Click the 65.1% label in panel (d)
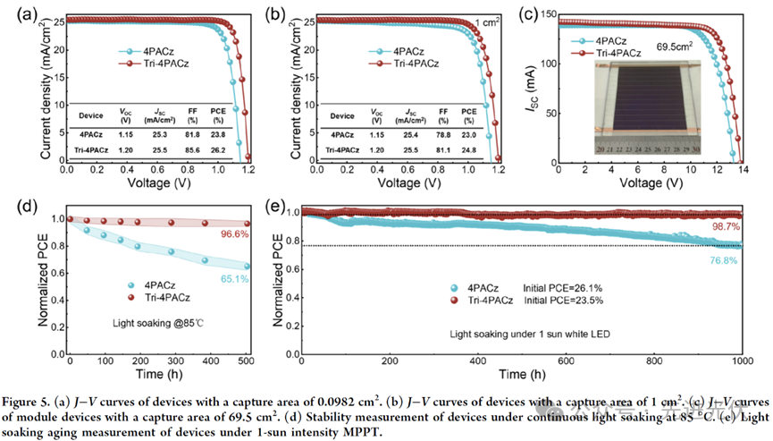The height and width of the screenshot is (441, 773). click(231, 280)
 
